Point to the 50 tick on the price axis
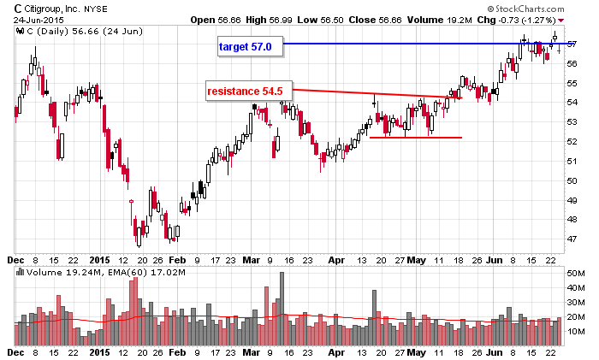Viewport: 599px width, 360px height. point(571,181)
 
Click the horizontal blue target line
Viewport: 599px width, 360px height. point(411,44)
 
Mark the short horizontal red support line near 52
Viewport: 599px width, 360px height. point(416,138)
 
